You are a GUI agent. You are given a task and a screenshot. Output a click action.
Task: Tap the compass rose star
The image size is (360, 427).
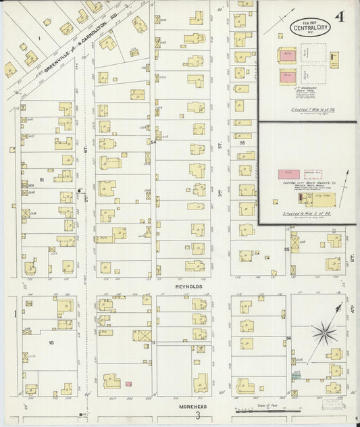[322, 332]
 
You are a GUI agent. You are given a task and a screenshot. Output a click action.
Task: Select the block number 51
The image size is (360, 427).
[41, 180]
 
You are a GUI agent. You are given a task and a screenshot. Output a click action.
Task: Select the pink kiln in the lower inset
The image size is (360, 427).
[288, 174]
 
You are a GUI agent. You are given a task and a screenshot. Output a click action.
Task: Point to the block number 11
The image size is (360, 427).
[155, 343]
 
